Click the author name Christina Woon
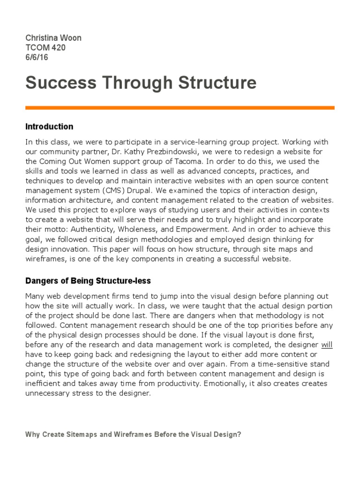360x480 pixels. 53,38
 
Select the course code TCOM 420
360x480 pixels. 45,48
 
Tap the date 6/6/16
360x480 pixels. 37,58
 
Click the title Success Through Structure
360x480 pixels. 141,83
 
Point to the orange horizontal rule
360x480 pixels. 180,108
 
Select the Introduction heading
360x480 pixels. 49,127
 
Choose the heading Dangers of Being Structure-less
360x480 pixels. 88,281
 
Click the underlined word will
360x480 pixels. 327,345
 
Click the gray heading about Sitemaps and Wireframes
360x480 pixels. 133,435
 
